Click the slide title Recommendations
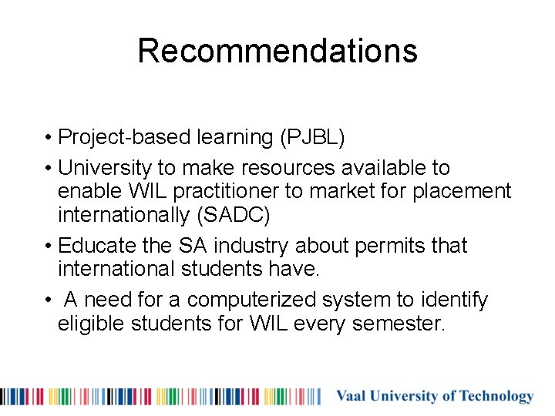click(277, 51)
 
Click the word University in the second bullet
click(106, 167)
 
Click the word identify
click(456, 299)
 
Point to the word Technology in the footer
click(496, 397)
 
